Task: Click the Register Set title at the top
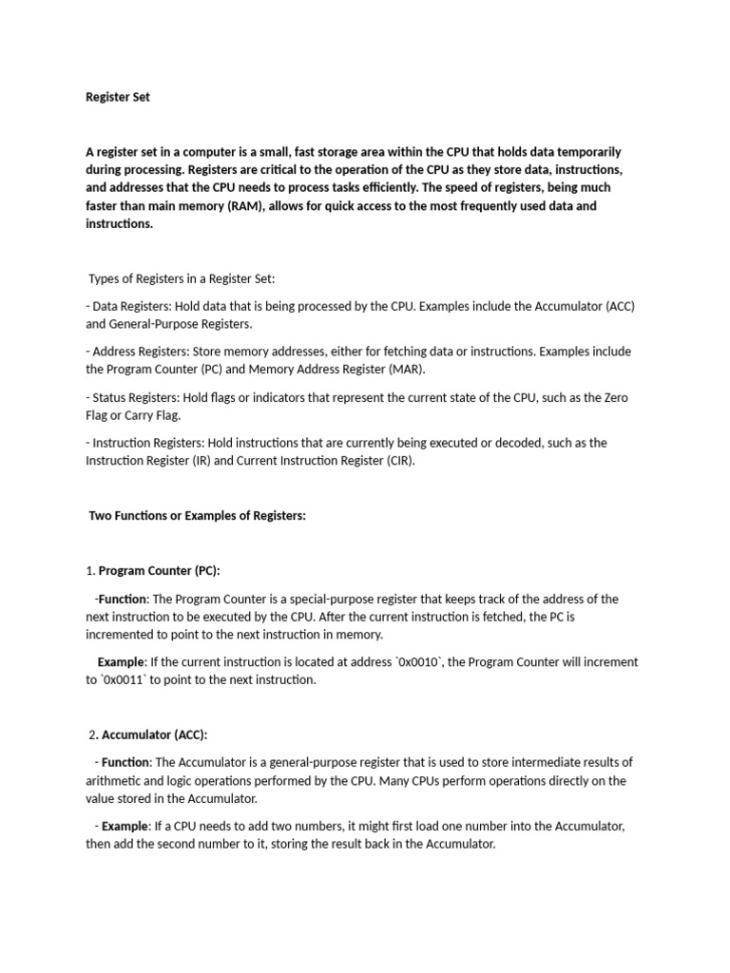coord(118,97)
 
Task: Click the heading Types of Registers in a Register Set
coord(181,278)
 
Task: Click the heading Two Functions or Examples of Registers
coord(197,515)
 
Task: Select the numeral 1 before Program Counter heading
coord(88,570)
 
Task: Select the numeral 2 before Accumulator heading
coord(92,735)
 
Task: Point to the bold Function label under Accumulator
coord(125,762)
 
